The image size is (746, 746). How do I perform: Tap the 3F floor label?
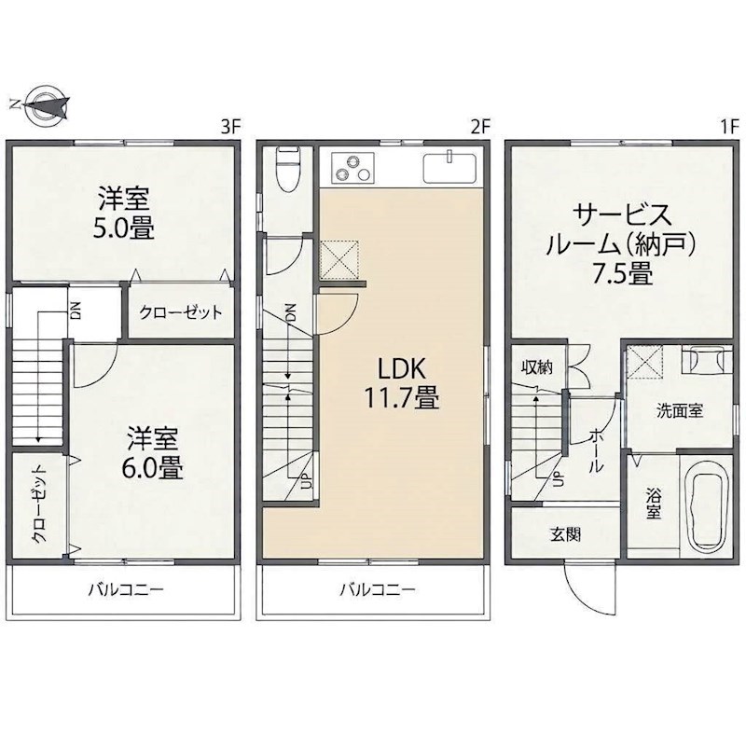[x=231, y=127]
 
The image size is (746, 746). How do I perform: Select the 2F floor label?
[x=479, y=127]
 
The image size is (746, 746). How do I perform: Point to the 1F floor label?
[x=728, y=127]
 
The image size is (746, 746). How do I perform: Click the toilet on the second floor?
[x=288, y=169]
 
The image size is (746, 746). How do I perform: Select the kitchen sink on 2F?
[x=449, y=167]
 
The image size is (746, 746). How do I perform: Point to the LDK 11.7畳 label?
[x=401, y=383]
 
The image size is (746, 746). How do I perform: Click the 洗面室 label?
[x=680, y=410]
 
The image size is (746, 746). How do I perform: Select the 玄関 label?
[x=565, y=534]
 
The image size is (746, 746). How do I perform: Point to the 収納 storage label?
[x=537, y=366]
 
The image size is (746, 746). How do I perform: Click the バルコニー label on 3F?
[x=126, y=590]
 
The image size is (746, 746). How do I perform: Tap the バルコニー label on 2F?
[x=378, y=590]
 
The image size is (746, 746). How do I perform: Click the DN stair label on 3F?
[x=76, y=311]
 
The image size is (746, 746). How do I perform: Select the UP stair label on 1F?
[x=559, y=478]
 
